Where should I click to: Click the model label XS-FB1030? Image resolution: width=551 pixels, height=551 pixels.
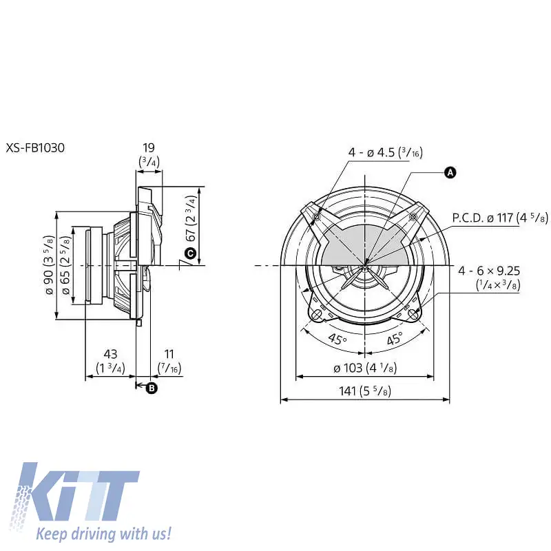[35, 147]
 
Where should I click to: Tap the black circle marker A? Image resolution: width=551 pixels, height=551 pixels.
[450, 173]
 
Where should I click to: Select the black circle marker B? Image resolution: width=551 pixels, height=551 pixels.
[152, 388]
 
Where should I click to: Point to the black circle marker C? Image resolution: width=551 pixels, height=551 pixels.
[190, 253]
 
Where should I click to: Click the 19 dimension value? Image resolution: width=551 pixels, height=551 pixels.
[149, 147]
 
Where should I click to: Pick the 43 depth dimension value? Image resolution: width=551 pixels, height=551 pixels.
[110, 354]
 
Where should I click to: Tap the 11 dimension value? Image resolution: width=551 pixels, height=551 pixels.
[169, 354]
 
